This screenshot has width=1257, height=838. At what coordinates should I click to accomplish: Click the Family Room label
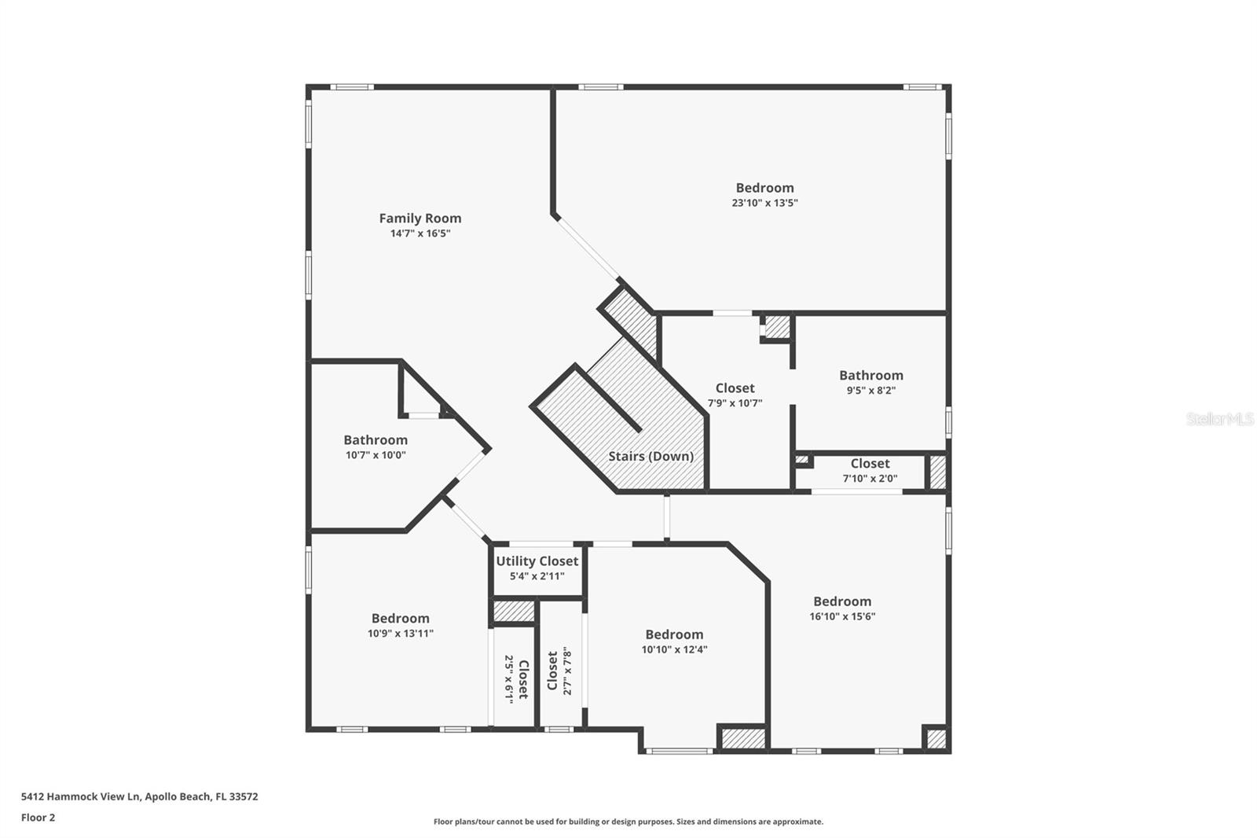point(420,218)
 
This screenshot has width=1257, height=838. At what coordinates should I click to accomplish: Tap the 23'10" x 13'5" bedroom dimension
point(764,203)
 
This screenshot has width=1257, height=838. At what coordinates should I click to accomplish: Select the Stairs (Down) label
point(651,456)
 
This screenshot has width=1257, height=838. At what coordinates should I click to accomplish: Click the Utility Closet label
point(537,561)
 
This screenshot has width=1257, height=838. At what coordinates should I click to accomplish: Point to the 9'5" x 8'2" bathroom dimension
point(871,391)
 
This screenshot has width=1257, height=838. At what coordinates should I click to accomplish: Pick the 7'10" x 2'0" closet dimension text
point(870,479)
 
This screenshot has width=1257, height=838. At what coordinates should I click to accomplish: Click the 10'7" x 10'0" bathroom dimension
point(376,455)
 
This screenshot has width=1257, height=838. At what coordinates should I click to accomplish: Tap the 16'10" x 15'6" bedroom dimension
point(841,616)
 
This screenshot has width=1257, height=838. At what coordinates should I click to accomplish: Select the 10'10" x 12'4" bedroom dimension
point(674,649)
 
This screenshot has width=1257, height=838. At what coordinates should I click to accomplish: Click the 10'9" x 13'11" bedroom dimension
point(400,634)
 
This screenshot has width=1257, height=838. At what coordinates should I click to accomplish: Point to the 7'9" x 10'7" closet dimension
point(735,402)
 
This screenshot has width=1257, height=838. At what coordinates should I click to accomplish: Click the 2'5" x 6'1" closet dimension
point(509,679)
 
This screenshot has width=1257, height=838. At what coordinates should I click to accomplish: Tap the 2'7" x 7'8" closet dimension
point(567,671)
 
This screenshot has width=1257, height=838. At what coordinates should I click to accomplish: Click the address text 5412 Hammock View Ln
point(80,796)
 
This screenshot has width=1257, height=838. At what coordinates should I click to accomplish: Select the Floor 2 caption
point(38,818)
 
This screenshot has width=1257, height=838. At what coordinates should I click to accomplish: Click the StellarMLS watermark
point(1221,418)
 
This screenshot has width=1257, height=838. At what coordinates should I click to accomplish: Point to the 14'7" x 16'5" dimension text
point(420,233)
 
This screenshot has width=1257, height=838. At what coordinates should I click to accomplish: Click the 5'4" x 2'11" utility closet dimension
point(537,576)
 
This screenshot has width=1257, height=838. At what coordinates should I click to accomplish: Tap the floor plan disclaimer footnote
point(628,821)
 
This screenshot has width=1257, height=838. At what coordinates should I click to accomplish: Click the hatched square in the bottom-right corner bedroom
point(936,739)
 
